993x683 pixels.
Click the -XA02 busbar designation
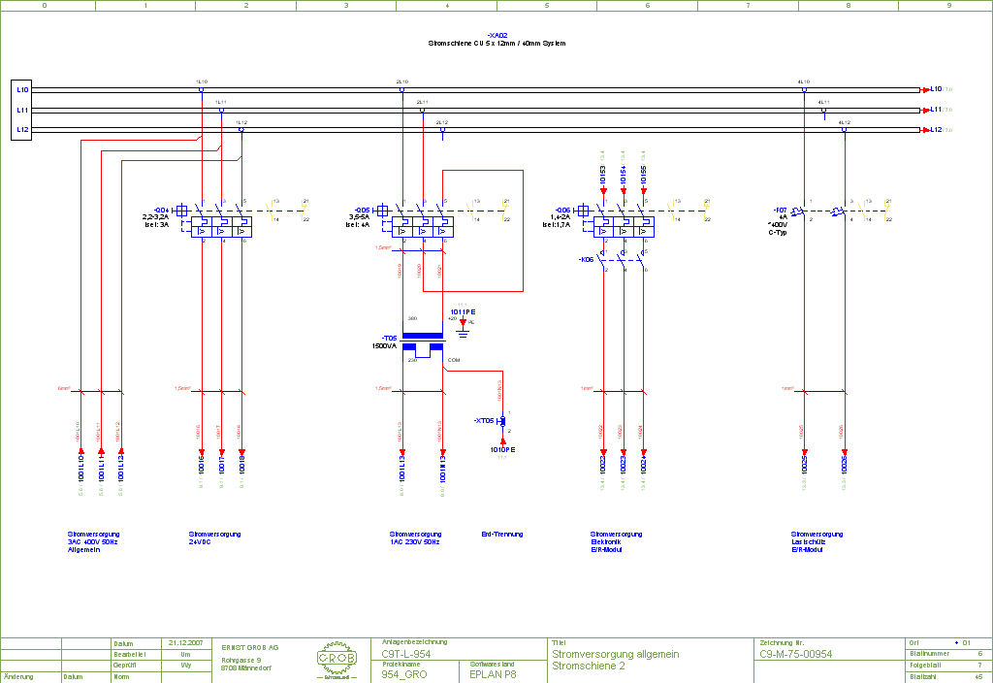pyautogui.click(x=496, y=35)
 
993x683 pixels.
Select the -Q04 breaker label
pyautogui.click(x=162, y=210)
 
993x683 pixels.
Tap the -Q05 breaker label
pyautogui.click(x=363, y=210)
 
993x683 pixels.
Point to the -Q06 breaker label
pyautogui.click(x=562, y=210)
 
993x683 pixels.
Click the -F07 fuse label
pyautogui.click(x=780, y=210)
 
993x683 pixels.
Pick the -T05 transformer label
pyautogui.click(x=389, y=339)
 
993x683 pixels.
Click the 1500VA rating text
pyautogui.click(x=384, y=346)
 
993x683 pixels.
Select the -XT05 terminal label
pyautogui.click(x=485, y=421)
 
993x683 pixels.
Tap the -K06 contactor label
pyautogui.click(x=586, y=260)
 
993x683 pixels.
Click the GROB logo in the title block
pyautogui.click(x=336, y=660)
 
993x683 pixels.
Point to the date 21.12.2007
pyautogui.click(x=183, y=643)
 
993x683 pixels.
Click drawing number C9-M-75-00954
pyautogui.click(x=795, y=655)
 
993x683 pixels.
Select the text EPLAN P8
pyautogui.click(x=494, y=673)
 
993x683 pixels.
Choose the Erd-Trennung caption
pyautogui.click(x=501, y=535)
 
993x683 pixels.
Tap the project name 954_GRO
pyautogui.click(x=403, y=673)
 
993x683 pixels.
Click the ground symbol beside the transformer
pyautogui.click(x=463, y=333)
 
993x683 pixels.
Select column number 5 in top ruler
pyautogui.click(x=547, y=5)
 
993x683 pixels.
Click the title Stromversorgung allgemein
pyautogui.click(x=615, y=655)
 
